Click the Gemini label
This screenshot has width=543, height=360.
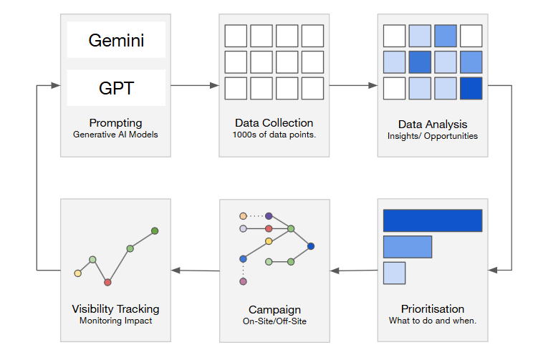point(116,41)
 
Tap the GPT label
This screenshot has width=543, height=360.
point(116,88)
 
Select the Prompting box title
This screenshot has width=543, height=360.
point(115,123)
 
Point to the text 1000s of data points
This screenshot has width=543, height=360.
point(274,135)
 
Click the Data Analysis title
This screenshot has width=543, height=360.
point(433,124)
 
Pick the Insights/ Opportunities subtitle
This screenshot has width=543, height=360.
point(433,136)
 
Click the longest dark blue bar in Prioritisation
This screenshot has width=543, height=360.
point(433,220)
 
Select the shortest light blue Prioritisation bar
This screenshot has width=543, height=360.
point(394,273)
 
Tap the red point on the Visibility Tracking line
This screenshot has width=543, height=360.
point(107,282)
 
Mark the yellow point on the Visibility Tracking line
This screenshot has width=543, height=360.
point(78,273)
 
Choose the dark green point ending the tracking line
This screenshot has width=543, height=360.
point(155,230)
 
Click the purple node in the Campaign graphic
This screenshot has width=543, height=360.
point(269,216)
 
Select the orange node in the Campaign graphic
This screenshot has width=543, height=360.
point(243,216)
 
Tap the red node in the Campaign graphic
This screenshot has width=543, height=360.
point(269,228)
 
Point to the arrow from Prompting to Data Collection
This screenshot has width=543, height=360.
point(195,85)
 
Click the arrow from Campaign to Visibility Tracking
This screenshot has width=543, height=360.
point(196,271)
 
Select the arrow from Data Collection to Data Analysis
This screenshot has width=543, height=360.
point(353,85)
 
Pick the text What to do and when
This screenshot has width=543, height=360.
point(433,321)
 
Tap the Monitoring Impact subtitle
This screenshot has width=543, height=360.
point(115,321)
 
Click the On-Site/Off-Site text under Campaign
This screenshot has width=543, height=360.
point(274,321)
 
